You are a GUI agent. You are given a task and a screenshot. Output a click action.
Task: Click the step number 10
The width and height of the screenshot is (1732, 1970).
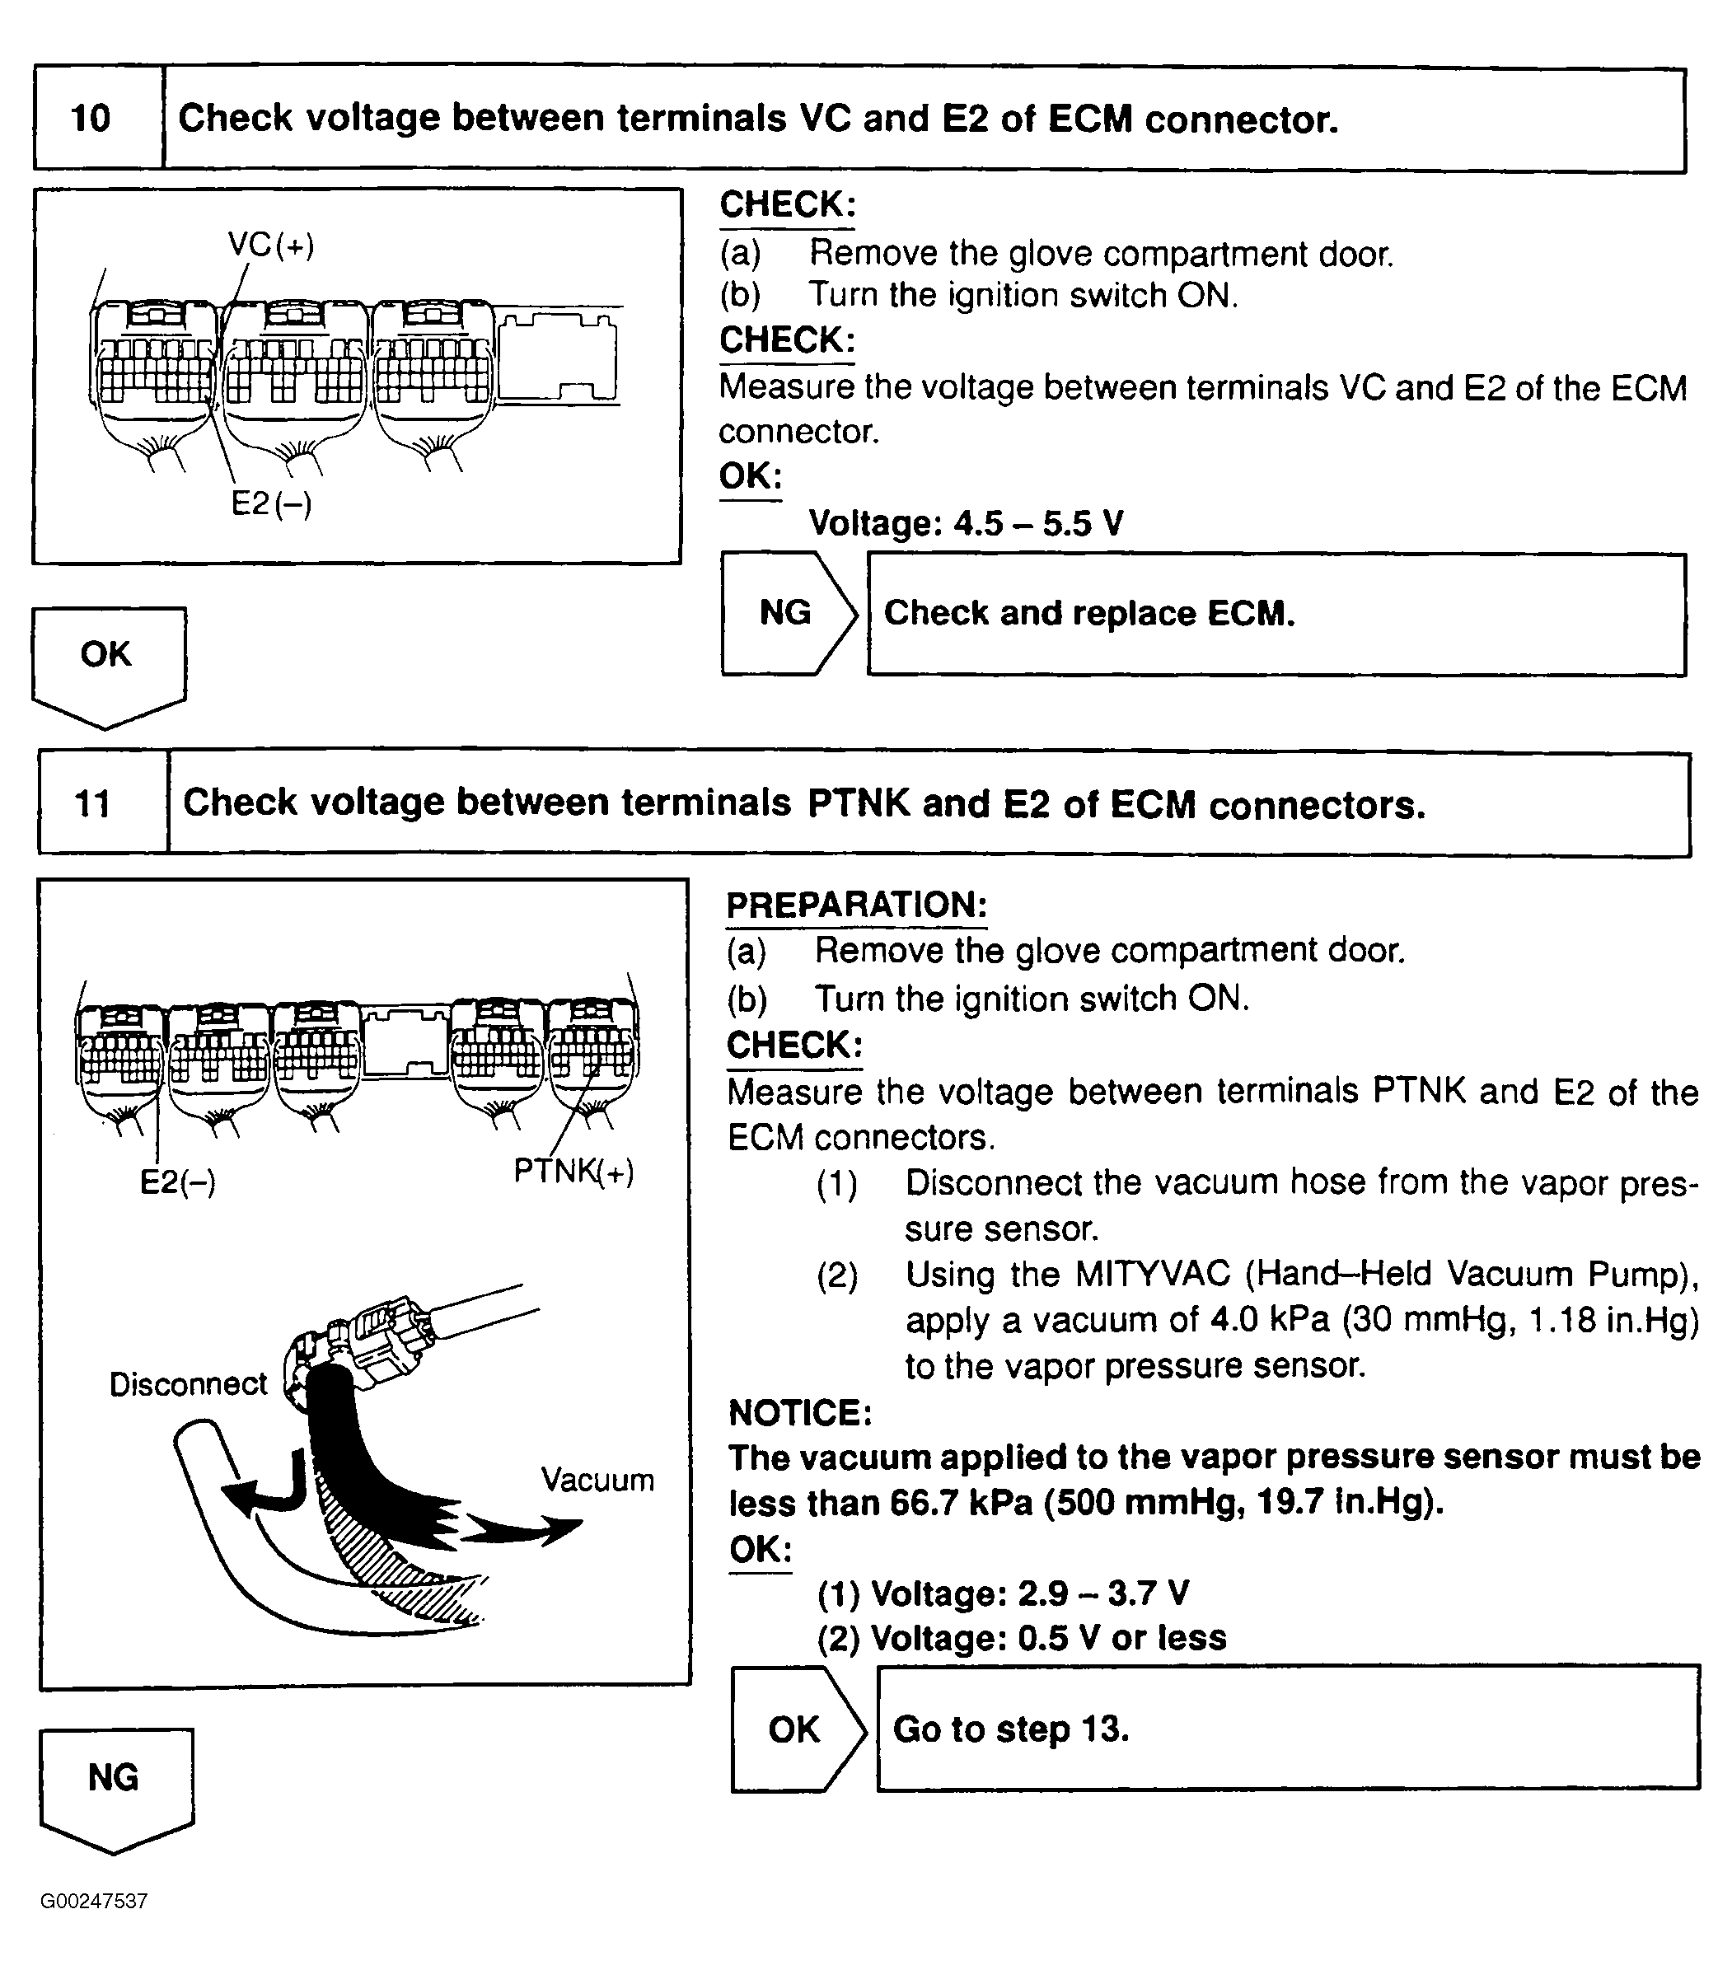point(91,119)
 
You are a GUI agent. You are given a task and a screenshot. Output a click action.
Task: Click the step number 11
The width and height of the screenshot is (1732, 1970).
point(92,804)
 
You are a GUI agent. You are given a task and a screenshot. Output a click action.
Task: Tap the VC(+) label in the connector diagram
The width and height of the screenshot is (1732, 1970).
point(271,245)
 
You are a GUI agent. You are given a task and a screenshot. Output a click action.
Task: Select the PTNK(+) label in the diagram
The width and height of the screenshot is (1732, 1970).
point(573,1171)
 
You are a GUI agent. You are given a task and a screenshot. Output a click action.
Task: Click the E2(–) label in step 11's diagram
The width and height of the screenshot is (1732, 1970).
point(177,1182)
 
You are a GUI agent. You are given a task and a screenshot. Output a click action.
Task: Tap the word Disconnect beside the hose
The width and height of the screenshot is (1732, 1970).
point(188,1384)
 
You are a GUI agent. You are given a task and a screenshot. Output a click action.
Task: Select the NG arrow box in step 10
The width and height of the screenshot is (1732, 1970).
point(786,613)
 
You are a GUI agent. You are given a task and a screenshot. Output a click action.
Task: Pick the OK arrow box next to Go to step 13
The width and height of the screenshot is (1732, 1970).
point(795,1729)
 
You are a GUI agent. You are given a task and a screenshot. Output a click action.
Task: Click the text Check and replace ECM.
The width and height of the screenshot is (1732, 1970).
point(1089,613)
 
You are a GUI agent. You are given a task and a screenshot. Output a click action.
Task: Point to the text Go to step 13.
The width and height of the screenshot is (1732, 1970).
point(1010,1729)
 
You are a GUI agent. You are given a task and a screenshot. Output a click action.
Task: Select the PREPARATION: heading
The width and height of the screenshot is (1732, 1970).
point(856,905)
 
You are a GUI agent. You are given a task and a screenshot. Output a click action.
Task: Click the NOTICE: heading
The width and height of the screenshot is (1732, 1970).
point(800,1413)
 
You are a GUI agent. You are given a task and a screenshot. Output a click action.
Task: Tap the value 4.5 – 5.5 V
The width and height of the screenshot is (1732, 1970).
point(1038,523)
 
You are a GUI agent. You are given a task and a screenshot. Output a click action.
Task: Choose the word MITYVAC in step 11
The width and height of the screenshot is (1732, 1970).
point(1153,1274)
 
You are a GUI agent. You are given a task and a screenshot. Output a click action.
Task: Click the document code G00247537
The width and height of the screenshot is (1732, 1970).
point(93,1902)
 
